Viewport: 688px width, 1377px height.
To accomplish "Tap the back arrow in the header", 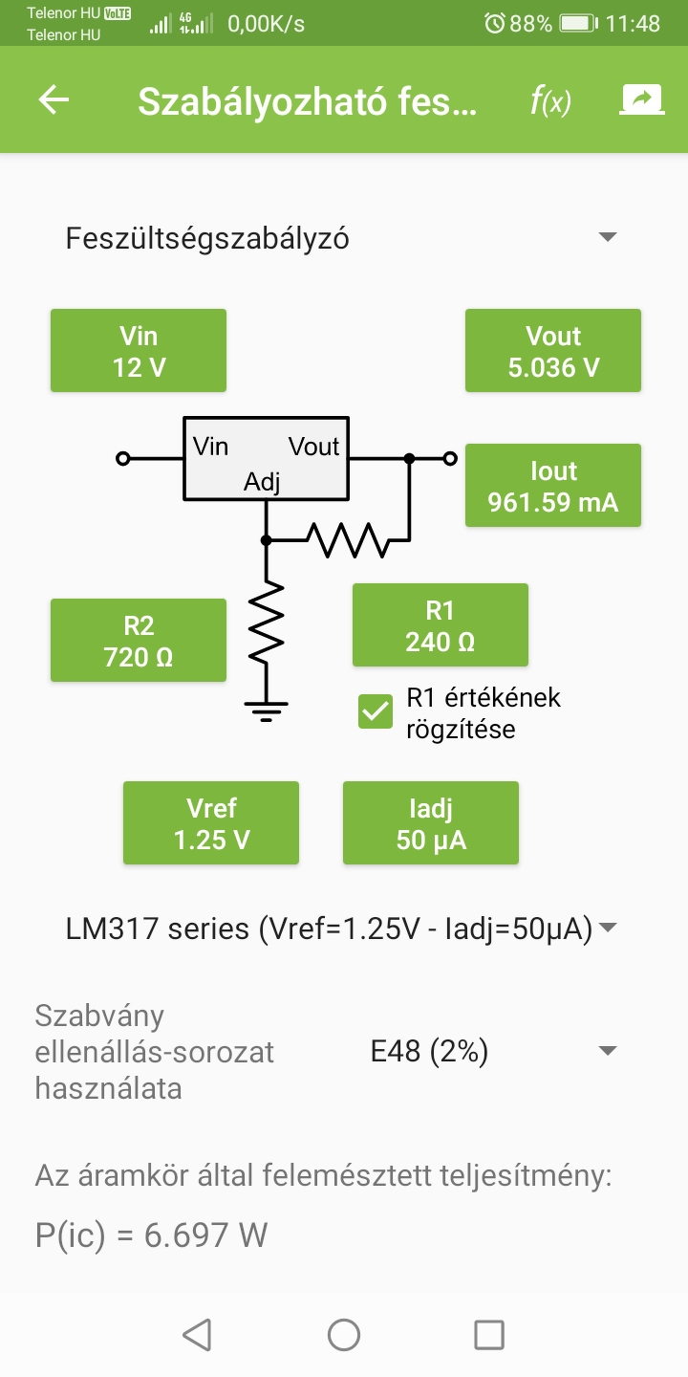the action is click(54, 99).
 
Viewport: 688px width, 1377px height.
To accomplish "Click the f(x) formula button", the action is click(550, 100).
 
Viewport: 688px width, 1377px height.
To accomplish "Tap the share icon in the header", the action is click(641, 99).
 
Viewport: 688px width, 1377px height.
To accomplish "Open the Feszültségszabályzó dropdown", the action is click(341, 238).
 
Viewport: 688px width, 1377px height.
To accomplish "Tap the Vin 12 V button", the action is click(139, 350).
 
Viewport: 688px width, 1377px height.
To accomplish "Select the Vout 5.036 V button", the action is click(553, 350).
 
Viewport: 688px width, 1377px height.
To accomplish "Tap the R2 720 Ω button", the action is click(139, 640).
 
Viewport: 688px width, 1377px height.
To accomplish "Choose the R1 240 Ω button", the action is click(440, 624).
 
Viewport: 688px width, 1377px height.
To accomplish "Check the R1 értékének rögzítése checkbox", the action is click(376, 711).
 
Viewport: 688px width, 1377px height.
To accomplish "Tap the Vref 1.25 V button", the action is click(210, 822).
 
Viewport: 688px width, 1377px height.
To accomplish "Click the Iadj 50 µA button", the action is click(431, 822).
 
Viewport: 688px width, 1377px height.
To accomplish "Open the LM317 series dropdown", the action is click(341, 929).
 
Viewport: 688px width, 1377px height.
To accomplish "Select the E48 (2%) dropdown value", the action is click(429, 1051).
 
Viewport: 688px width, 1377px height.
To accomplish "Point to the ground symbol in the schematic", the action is click(266, 711).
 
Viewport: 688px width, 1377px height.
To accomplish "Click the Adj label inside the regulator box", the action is click(262, 481).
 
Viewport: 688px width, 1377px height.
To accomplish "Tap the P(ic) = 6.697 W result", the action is click(151, 1235).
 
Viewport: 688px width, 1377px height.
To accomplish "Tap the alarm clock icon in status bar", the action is click(495, 23).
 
